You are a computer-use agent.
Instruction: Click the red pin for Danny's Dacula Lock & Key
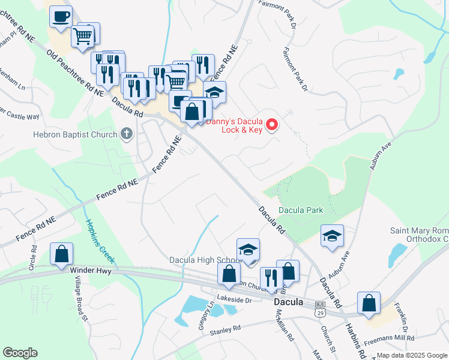click(x=272, y=125)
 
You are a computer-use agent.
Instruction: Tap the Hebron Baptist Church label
click(x=76, y=134)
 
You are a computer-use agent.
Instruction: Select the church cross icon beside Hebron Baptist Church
click(x=126, y=134)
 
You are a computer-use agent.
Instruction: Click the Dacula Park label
click(x=301, y=210)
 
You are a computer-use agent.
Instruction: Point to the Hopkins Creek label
click(x=100, y=243)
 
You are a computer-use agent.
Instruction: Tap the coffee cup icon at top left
click(x=60, y=16)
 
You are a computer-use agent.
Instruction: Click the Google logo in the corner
click(x=20, y=353)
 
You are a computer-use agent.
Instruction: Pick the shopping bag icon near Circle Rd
click(x=61, y=254)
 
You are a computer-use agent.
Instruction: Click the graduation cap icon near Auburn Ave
click(x=332, y=236)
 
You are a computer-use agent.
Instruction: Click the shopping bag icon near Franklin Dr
click(x=369, y=304)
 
